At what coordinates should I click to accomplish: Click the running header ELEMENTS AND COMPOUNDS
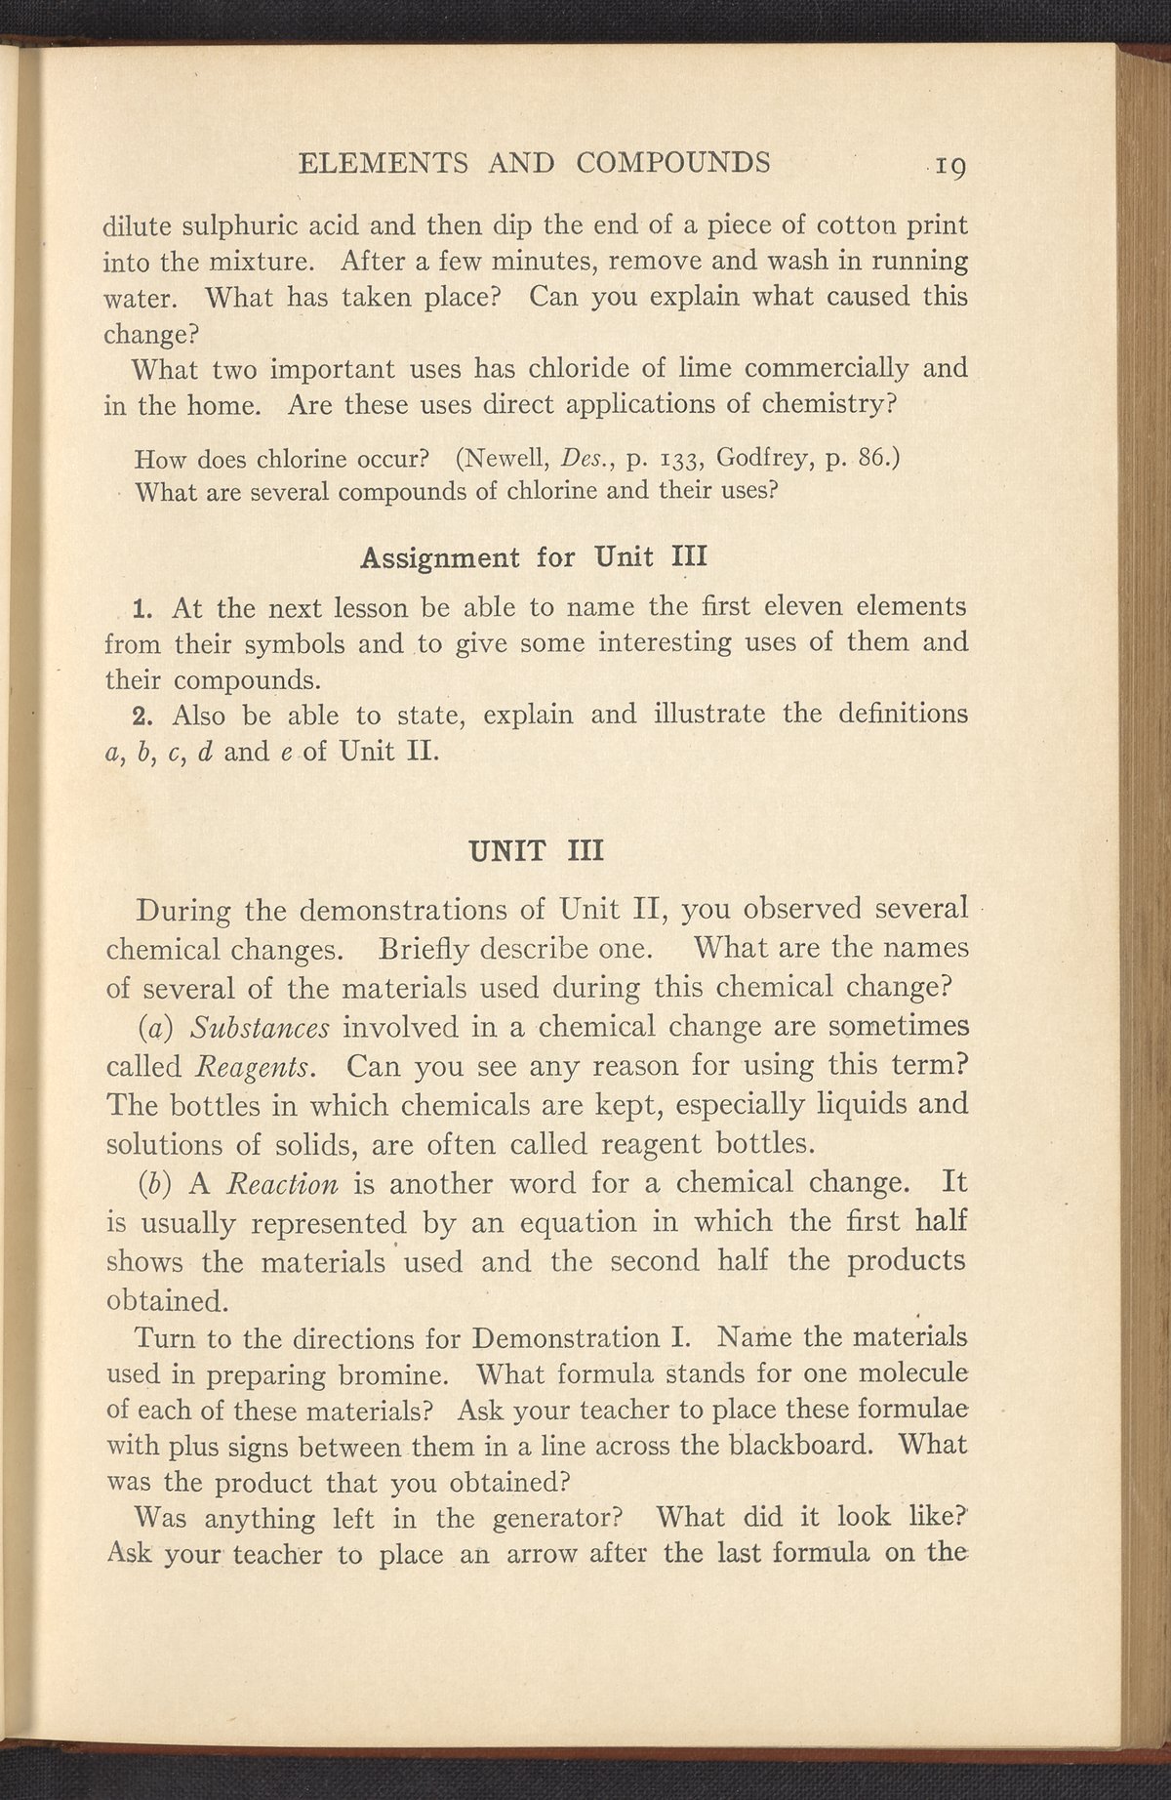pos(534,161)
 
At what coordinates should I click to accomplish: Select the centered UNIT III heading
pos(537,850)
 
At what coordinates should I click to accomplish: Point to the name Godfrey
pos(757,457)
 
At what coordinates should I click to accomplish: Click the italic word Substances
pos(260,1027)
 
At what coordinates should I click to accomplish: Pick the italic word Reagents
pos(253,1066)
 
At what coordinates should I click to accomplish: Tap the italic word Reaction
pos(282,1184)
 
